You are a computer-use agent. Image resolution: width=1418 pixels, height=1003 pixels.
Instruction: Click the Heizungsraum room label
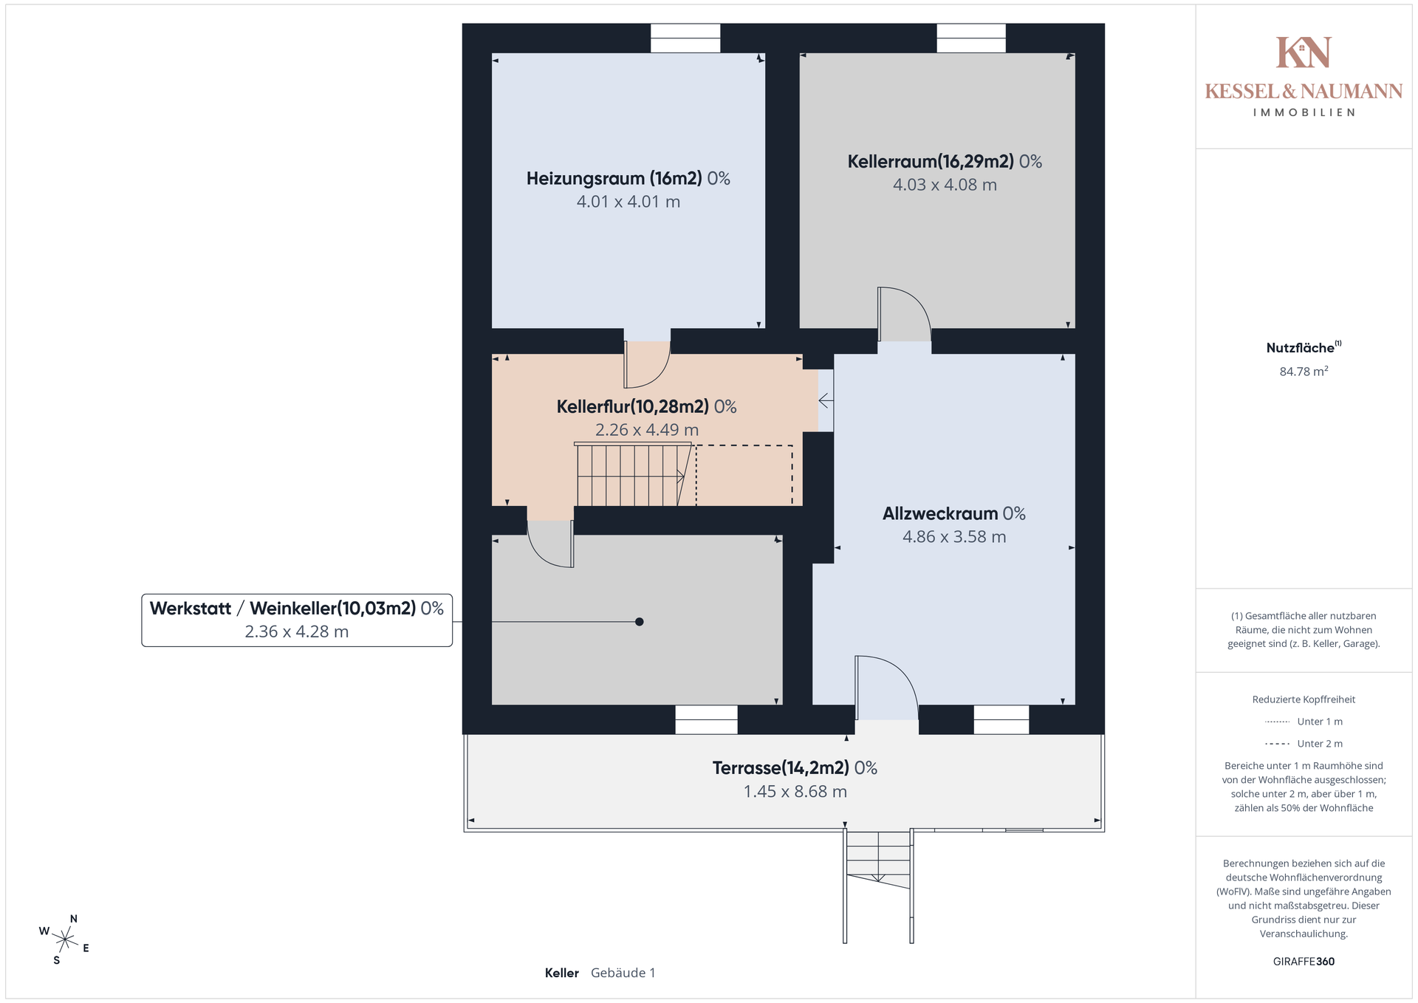[x=628, y=179]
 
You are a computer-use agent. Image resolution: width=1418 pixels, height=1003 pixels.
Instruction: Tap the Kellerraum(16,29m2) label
[x=945, y=162]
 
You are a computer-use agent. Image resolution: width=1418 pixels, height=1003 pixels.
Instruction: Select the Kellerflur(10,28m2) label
[x=646, y=407]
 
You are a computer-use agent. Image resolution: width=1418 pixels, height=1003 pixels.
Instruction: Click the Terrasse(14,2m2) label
[x=795, y=768]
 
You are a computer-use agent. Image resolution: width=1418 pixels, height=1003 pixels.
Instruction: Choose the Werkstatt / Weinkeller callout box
[x=297, y=620]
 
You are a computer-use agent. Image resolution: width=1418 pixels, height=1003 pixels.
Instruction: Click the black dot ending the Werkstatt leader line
[x=640, y=622]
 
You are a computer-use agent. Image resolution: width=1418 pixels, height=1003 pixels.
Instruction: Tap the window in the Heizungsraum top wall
[x=685, y=38]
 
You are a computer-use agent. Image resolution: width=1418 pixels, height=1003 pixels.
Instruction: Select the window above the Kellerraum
[x=971, y=38]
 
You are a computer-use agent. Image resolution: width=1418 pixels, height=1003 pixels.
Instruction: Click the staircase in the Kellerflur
[x=634, y=474]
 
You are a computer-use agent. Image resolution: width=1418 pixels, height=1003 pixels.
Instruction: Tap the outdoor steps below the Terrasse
[x=878, y=886]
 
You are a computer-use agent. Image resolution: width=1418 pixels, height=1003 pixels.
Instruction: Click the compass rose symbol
[x=65, y=939]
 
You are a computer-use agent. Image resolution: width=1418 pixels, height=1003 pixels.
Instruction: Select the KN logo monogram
[x=1304, y=52]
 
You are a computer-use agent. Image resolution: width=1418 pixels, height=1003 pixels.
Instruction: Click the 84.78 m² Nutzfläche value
[x=1304, y=371]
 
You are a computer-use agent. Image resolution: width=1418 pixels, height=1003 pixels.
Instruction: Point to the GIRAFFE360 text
[x=1304, y=962]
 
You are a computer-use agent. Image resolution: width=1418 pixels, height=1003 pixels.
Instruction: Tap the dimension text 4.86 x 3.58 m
[x=954, y=537]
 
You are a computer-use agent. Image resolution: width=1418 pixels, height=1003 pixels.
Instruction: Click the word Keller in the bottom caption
[x=561, y=973]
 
